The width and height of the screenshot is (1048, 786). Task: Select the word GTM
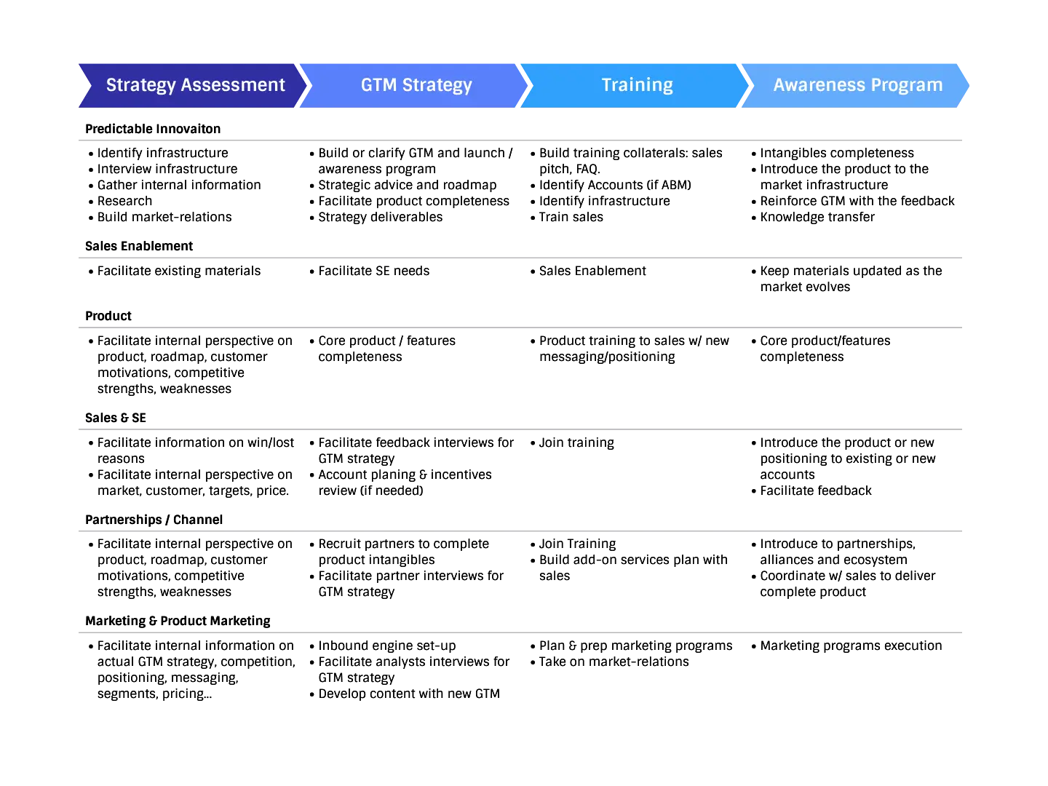378,85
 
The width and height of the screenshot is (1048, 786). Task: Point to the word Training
637,85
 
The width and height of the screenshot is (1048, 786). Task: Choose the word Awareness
819,85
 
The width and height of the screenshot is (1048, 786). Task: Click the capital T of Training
606,85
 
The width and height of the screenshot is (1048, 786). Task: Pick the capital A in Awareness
779,85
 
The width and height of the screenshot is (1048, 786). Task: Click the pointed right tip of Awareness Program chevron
970,85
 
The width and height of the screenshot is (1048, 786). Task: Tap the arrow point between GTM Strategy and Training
528,85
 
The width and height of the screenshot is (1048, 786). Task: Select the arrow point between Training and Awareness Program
750,85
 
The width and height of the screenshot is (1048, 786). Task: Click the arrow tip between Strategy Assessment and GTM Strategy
306,85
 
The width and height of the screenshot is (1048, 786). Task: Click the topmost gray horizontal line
521,143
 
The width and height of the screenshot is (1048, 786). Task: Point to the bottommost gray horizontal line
521,632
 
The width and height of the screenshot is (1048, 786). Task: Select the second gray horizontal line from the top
521,259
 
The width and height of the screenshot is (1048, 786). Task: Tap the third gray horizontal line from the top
521,329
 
